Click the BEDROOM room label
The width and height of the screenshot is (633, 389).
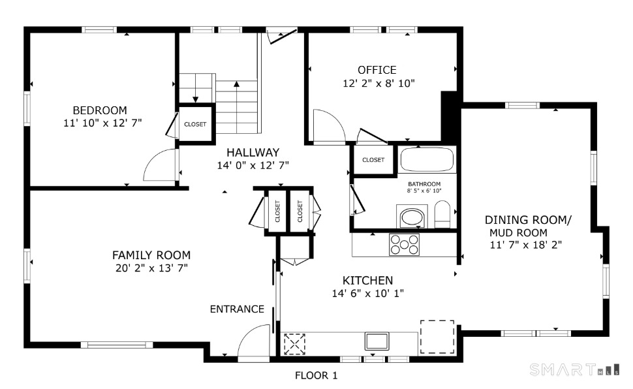click(99, 110)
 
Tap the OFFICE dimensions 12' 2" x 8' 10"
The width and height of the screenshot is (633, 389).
click(378, 84)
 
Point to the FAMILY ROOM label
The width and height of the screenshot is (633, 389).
click(151, 255)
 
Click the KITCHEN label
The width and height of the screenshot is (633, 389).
click(367, 280)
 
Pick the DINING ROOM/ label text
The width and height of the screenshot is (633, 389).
click(528, 221)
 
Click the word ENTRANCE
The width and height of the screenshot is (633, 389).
click(237, 309)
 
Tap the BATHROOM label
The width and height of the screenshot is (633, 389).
click(424, 184)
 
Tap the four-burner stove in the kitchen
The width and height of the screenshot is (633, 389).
click(404, 244)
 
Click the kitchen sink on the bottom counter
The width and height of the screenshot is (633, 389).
click(377, 341)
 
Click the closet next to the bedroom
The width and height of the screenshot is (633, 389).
click(195, 123)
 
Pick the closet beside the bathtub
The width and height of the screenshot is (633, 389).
click(373, 160)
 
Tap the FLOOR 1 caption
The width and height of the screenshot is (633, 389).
click(316, 375)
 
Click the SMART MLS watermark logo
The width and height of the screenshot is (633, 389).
click(574, 370)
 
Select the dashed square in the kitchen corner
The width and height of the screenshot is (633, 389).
click(437, 336)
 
